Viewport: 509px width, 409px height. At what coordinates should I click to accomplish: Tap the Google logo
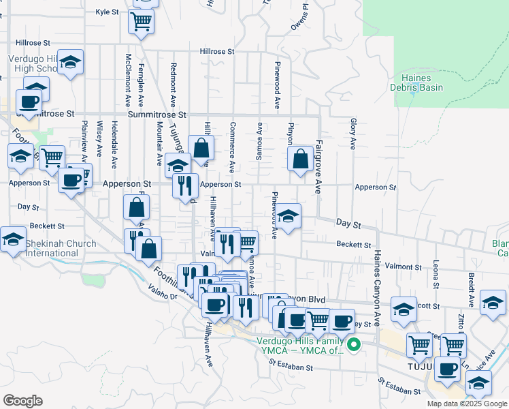(22, 401)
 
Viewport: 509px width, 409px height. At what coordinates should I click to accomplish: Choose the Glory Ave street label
(353, 134)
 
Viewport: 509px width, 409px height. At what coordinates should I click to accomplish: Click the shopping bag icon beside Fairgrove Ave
(300, 159)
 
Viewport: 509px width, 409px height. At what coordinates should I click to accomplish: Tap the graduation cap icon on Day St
(289, 217)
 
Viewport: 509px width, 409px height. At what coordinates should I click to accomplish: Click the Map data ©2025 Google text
(467, 404)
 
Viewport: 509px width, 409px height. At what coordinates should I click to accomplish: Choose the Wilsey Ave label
(99, 138)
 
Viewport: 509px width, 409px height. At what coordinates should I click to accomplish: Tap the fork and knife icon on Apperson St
(185, 185)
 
